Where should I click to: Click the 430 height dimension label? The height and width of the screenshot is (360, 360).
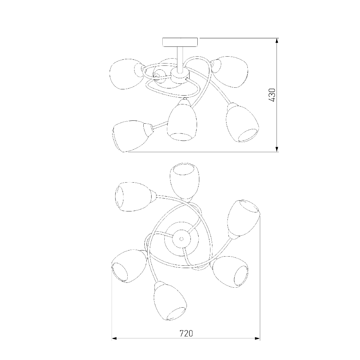(x=272, y=95)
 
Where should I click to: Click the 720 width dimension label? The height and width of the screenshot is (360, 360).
(x=186, y=333)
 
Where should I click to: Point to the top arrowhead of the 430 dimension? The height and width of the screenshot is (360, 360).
(x=277, y=41)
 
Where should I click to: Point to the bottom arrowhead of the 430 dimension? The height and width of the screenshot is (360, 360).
(x=277, y=149)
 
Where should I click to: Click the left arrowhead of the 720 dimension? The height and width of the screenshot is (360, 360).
(x=114, y=338)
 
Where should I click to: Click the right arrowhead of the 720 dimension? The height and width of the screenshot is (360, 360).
(x=257, y=338)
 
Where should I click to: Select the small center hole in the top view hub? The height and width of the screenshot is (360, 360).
(x=181, y=239)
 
